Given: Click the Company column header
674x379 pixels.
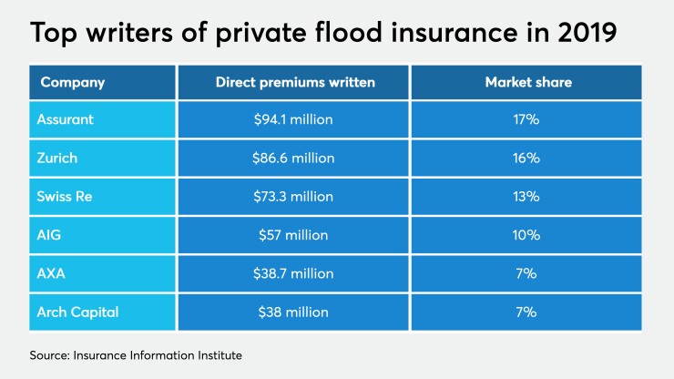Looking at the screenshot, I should [x=72, y=82].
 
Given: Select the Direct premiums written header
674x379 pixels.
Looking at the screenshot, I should [x=293, y=82].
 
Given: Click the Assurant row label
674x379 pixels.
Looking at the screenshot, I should [x=65, y=119].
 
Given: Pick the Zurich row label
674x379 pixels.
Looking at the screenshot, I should [x=57, y=158].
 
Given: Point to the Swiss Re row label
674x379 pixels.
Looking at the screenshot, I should [x=65, y=196].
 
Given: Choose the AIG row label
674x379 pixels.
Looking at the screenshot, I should [x=50, y=235].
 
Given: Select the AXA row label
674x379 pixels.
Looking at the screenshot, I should [x=52, y=273].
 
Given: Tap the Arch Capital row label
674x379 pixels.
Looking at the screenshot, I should [x=77, y=312].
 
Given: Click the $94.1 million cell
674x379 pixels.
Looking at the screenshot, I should [x=293, y=119].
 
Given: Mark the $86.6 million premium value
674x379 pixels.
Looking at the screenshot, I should [x=293, y=158].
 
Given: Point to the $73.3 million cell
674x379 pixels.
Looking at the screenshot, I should [x=293, y=196].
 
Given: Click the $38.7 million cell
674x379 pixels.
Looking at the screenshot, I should [x=293, y=273].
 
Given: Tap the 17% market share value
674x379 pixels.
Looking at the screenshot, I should [x=526, y=119].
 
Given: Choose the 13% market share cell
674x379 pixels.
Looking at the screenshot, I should [x=526, y=196].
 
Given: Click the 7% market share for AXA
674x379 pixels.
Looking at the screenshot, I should [x=526, y=273].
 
